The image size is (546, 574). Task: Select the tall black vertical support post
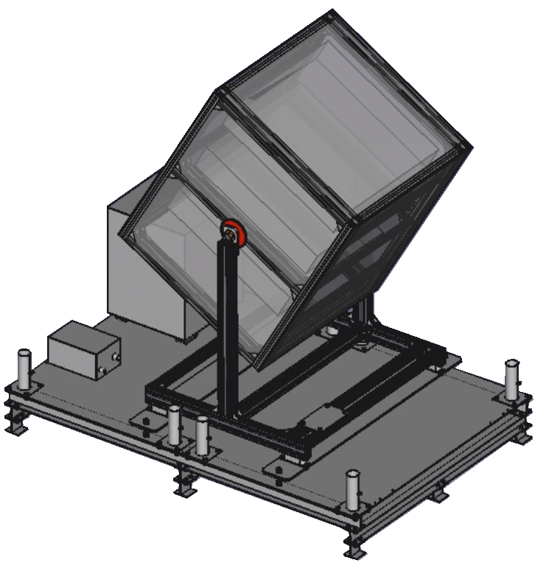tap(226, 332)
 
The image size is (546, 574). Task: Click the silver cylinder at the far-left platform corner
tap(24, 368)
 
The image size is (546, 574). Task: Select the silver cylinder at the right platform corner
tap(511, 378)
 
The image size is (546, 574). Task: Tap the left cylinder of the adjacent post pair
tap(174, 425)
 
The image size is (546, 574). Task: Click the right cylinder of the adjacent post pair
tap(202, 435)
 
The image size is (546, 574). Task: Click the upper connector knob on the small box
tap(116, 358)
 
